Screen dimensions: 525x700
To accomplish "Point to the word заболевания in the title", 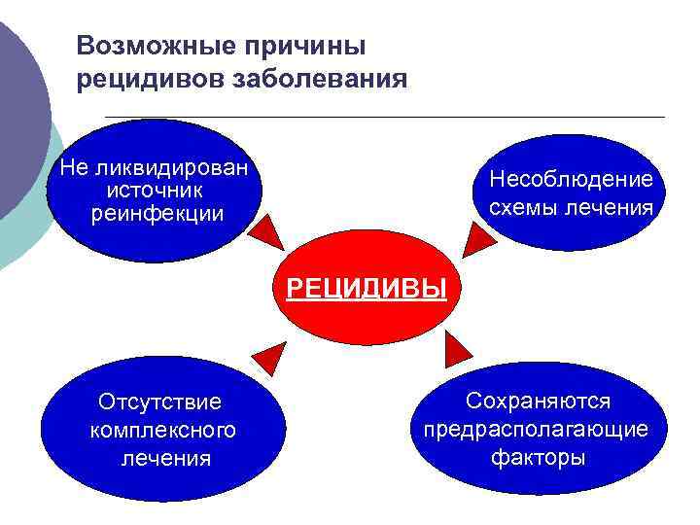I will click(318, 79).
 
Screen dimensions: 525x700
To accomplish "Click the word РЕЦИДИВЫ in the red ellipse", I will click(367, 289).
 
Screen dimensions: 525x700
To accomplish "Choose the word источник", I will click(156, 190).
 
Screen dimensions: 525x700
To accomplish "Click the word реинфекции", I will click(157, 212).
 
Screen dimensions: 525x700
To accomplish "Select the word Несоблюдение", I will click(572, 179).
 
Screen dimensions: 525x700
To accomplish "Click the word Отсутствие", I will click(160, 402).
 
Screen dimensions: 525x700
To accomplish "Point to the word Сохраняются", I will click(538, 401).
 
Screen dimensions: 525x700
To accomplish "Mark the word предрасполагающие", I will click(536, 429).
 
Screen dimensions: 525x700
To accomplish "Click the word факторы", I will click(538, 457).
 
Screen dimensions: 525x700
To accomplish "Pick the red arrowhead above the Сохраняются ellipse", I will click(457, 345).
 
